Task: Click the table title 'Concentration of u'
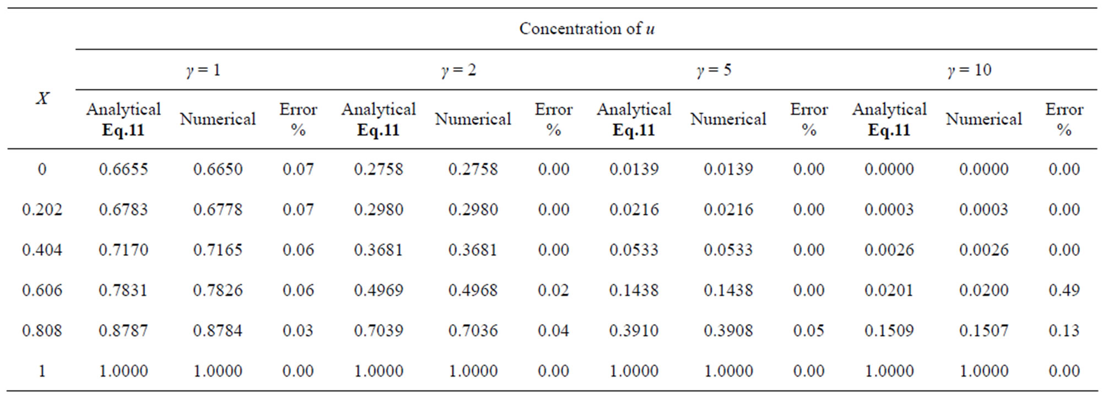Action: point(586,29)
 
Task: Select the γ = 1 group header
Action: point(203,70)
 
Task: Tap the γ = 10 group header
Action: point(969,70)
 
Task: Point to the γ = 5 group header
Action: point(713,70)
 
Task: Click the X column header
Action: point(42,98)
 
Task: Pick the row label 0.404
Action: point(42,250)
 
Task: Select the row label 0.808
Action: point(42,331)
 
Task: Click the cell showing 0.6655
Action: point(123,169)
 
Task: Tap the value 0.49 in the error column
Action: point(1064,290)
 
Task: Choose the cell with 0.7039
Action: point(379,331)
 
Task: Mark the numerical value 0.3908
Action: point(728,331)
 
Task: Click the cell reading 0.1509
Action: point(889,331)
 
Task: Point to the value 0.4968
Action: point(473,290)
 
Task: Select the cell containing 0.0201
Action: point(889,290)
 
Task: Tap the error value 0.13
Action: point(1064,331)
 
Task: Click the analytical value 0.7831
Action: point(123,290)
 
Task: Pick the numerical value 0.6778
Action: point(218,210)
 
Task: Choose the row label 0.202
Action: point(42,210)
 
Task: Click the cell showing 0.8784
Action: point(218,331)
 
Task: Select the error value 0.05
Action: point(809,331)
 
